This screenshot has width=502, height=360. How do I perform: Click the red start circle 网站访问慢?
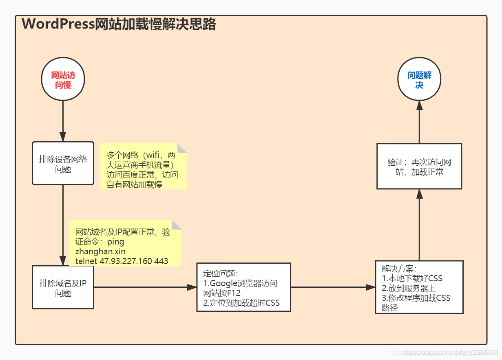pos(63,80)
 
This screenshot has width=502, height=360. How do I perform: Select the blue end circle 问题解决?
pos(419,80)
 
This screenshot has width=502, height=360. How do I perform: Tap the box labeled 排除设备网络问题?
pos(63,163)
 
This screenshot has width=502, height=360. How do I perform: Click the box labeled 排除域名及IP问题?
pos(63,287)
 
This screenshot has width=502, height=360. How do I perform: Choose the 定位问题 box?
pos(243,287)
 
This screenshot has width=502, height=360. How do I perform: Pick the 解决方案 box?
pos(419,287)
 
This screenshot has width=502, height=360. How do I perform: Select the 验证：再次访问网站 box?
pos(419,166)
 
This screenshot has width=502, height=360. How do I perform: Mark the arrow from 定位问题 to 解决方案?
pos(333,287)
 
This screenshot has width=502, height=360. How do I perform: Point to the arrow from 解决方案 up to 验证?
pos(419,224)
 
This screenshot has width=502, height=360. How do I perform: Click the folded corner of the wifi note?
pos(182,148)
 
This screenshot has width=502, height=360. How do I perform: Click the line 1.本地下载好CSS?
pos(412,278)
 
